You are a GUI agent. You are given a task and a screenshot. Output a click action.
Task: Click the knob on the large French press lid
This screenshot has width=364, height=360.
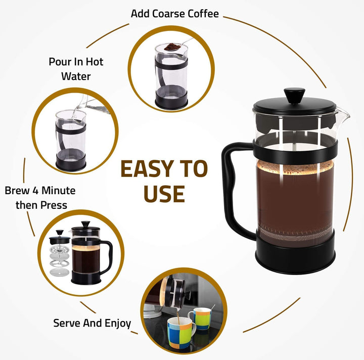[x=294, y=94]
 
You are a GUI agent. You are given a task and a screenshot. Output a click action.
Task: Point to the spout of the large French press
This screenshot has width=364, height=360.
[x=345, y=117]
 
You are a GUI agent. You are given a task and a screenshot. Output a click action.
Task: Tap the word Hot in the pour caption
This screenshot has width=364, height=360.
[x=93, y=62]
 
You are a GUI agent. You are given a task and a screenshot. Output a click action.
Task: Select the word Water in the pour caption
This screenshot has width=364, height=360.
[x=76, y=76]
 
